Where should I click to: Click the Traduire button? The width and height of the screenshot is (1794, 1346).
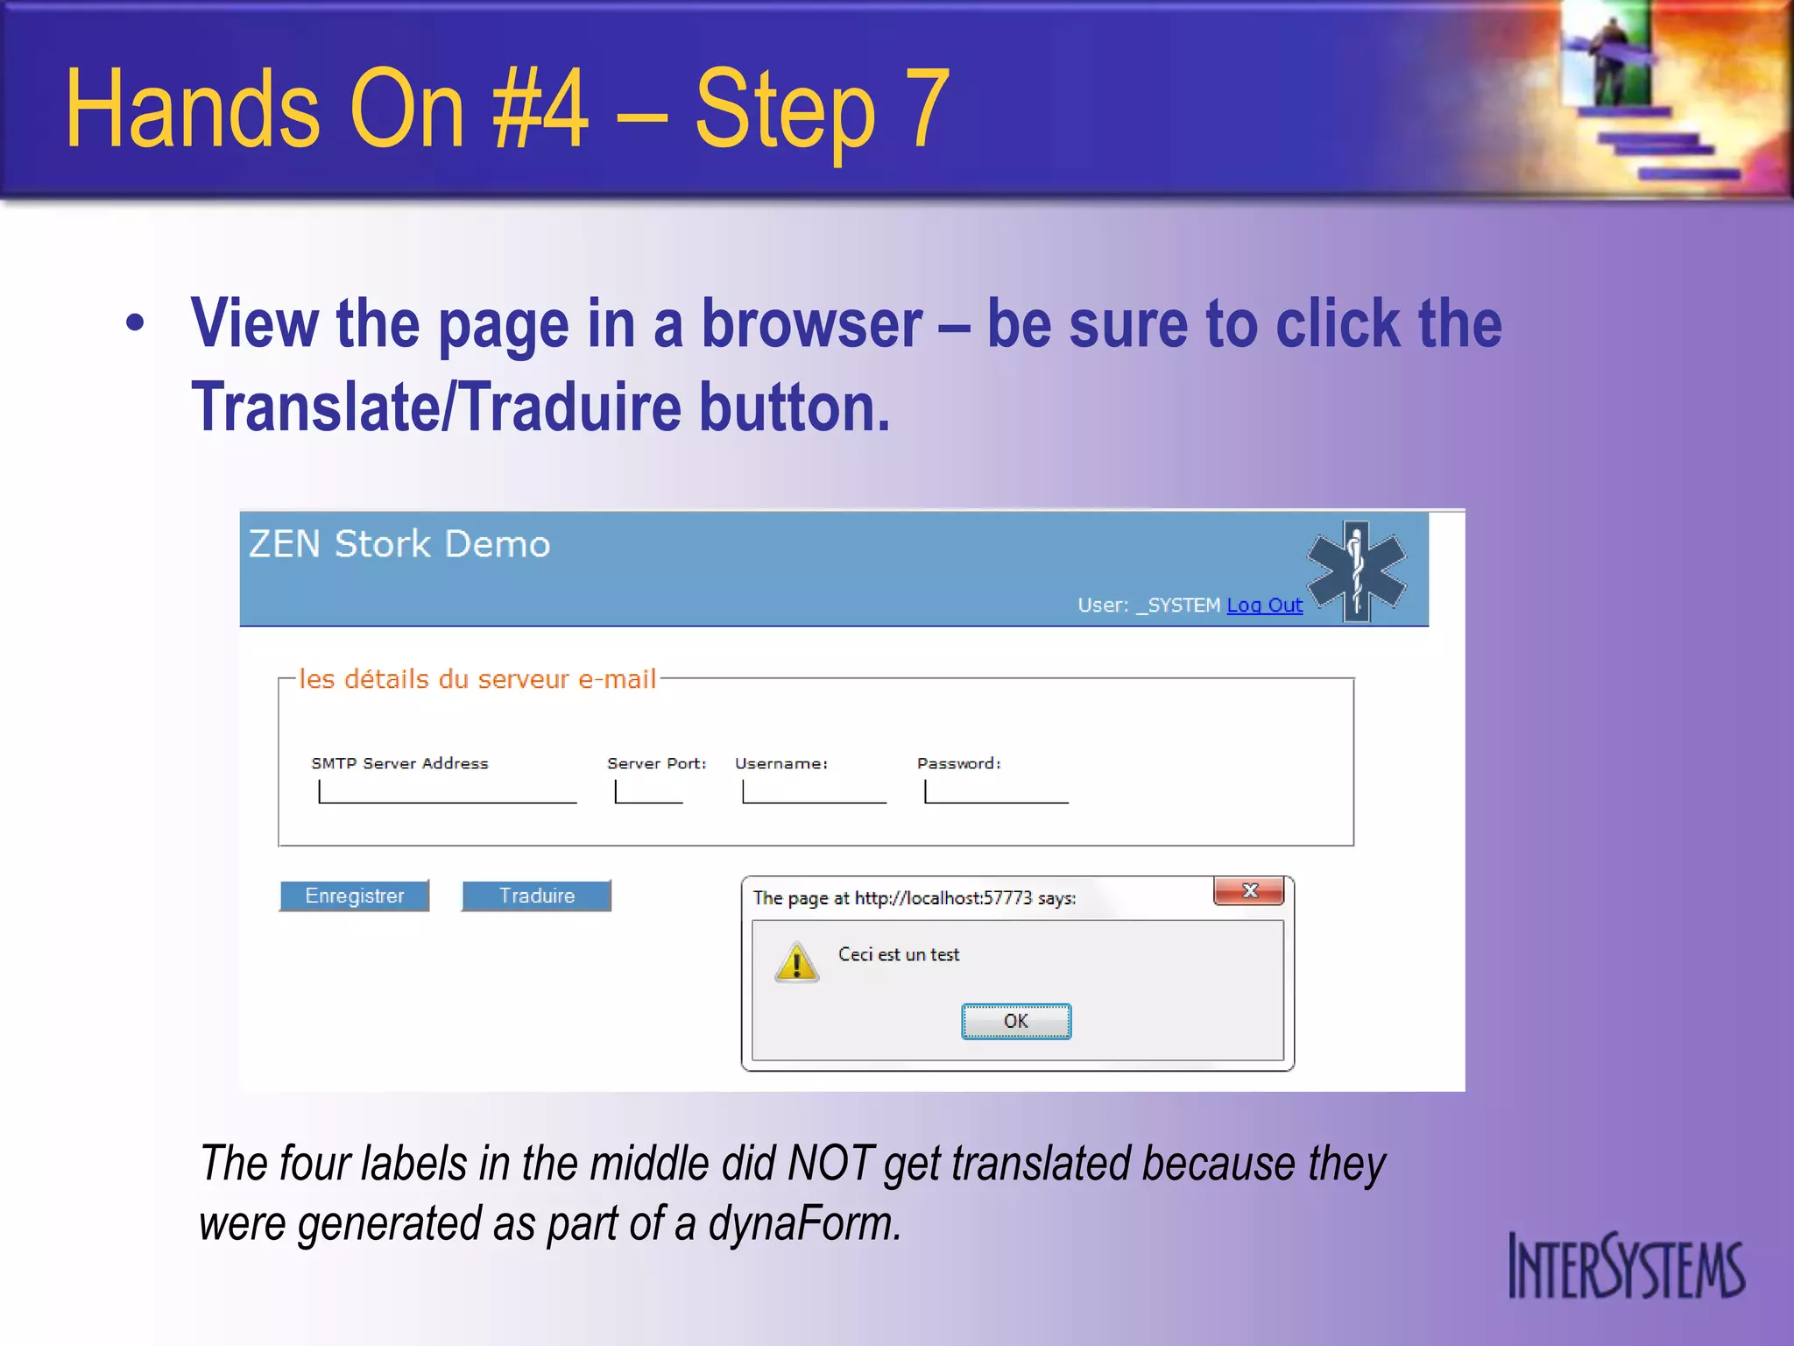point(536,896)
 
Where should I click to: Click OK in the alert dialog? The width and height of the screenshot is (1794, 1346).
point(1015,1021)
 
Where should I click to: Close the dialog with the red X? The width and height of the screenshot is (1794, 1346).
point(1248,891)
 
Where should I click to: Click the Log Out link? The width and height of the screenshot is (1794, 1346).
point(1264,605)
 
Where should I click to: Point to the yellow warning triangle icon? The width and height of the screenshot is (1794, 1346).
point(796,963)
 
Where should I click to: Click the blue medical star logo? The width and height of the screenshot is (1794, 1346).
point(1356,571)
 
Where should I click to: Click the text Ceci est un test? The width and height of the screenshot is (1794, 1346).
point(898,954)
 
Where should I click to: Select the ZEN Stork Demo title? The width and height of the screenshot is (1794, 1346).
point(399,544)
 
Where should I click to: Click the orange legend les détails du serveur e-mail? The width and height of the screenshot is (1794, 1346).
point(477,679)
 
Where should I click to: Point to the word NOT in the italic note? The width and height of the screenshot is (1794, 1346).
point(830,1164)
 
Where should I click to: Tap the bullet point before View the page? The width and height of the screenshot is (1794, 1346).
point(134,322)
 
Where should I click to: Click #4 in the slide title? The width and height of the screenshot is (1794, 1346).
point(540,110)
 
